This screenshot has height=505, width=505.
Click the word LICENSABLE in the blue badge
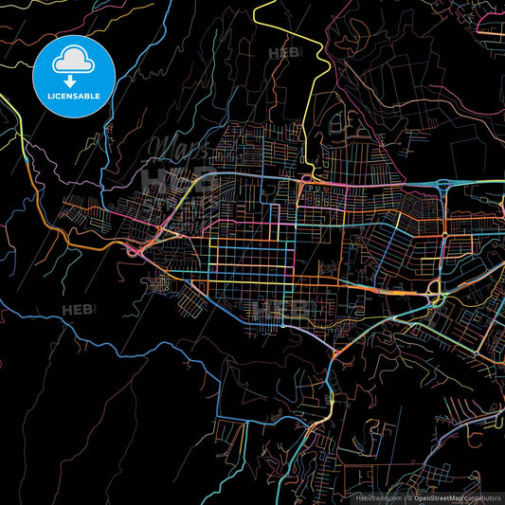click(73, 97)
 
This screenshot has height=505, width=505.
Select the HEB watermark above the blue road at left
click(79, 310)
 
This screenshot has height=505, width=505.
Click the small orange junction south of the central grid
click(335, 353)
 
